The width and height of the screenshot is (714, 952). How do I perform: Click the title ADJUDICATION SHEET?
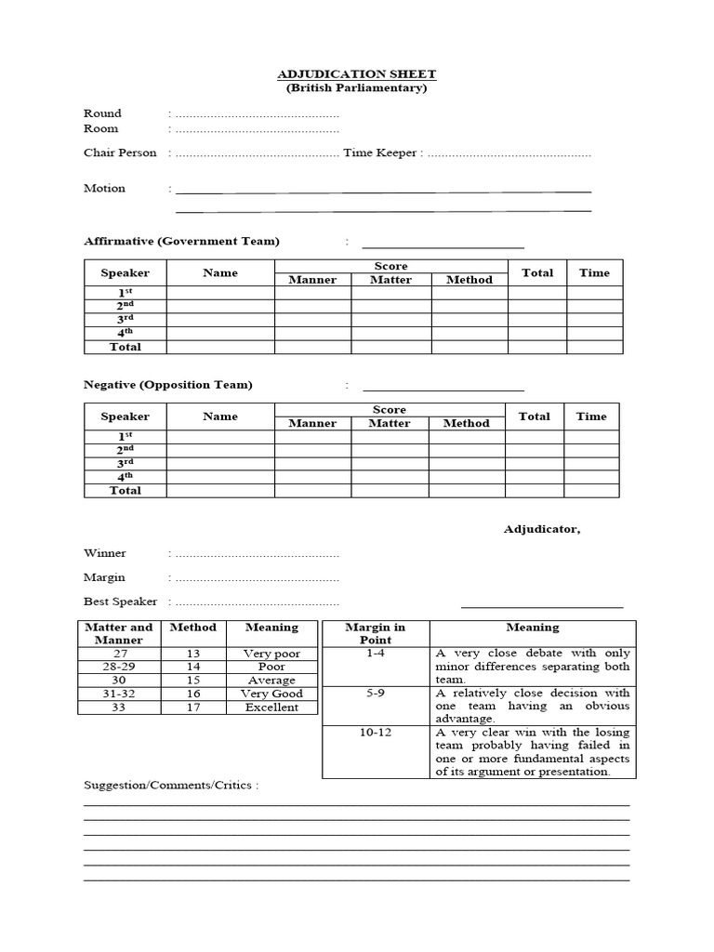pos(356,73)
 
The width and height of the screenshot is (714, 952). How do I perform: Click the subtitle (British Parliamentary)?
pos(356,88)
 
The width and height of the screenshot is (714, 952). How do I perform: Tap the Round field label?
pos(102,113)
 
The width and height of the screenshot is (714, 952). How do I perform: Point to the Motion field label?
pos(104,188)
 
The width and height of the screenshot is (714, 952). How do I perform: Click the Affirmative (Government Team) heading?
pos(181,241)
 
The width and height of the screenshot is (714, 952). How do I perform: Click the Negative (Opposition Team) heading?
pos(168,385)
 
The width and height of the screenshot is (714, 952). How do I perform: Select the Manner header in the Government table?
pos(312,280)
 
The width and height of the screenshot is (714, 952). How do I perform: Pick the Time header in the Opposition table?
pos(590,416)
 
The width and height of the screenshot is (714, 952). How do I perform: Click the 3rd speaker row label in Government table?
pos(126,319)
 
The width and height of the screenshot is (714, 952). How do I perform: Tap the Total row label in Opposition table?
pos(126,490)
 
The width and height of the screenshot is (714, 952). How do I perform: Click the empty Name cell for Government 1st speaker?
pos(220,293)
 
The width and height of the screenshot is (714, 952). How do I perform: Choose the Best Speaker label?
pos(121,602)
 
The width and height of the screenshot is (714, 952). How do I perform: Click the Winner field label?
pos(105,553)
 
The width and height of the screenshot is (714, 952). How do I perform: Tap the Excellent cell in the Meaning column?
pos(271,707)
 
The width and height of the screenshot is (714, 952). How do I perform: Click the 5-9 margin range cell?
pos(376,693)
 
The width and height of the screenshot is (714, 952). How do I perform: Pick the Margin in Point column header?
pos(376,633)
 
